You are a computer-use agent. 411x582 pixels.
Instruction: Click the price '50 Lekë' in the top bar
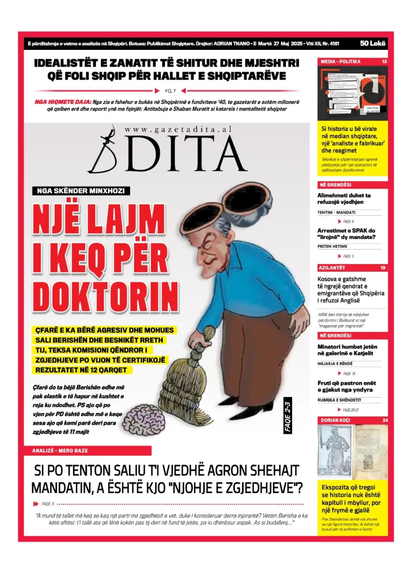[x=372, y=43]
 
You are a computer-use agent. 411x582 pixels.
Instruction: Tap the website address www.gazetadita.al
[x=178, y=129]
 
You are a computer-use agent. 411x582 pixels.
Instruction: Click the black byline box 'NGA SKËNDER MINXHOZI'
[x=81, y=191]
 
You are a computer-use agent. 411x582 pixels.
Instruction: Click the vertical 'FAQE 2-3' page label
[x=287, y=417]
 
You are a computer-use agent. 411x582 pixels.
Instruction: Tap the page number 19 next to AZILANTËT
[x=383, y=268]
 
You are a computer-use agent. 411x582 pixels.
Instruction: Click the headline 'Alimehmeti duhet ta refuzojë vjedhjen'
[x=344, y=199]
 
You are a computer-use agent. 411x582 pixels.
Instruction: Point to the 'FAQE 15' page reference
[x=349, y=374]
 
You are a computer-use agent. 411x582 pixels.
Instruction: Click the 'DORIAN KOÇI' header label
[x=335, y=420]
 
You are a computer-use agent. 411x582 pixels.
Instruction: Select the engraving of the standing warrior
[x=334, y=451]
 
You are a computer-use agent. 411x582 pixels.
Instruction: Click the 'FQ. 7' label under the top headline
[x=170, y=91]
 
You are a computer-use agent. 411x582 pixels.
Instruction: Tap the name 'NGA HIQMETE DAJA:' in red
[x=63, y=102]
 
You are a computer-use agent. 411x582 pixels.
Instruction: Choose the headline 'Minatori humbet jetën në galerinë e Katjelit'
[x=347, y=350]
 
